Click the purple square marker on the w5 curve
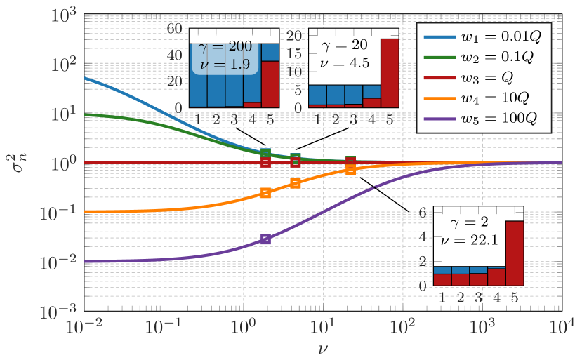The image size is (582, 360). pyautogui.click(x=265, y=239)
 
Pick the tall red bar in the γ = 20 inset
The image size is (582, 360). pyautogui.click(x=389, y=72)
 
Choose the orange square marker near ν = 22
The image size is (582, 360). pyautogui.click(x=351, y=169)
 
